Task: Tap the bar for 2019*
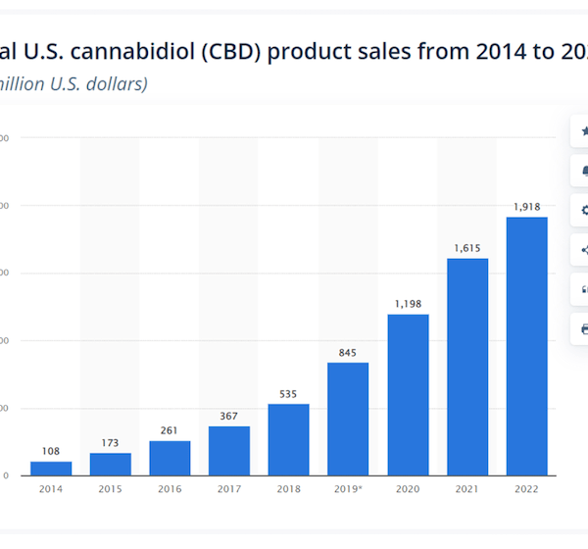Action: tap(348, 419)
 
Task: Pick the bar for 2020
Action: tap(408, 394)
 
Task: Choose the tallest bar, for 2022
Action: tap(526, 346)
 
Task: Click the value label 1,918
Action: tap(527, 207)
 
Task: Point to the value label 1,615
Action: tap(467, 248)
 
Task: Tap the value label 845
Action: tap(348, 353)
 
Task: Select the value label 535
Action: tap(288, 394)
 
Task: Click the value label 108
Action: tap(50, 452)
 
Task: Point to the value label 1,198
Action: tap(408, 304)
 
